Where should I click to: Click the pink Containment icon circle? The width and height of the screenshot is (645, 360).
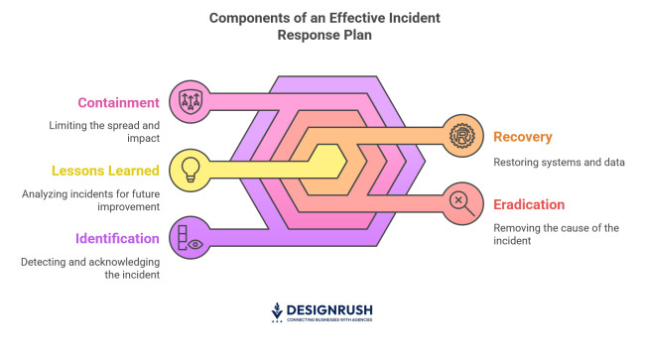pyautogui.click(x=191, y=100)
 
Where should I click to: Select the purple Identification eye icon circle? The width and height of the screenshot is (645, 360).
pyautogui.click(x=191, y=237)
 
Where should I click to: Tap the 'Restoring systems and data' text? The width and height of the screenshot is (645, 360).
pyautogui.click(x=559, y=162)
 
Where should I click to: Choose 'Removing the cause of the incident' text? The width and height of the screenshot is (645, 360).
pyautogui.click(x=556, y=234)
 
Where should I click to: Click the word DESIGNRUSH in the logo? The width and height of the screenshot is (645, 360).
pyautogui.click(x=331, y=309)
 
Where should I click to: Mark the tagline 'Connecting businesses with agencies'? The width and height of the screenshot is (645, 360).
pyautogui.click(x=330, y=322)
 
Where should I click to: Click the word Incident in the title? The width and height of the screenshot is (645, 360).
pyautogui.click(x=405, y=18)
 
